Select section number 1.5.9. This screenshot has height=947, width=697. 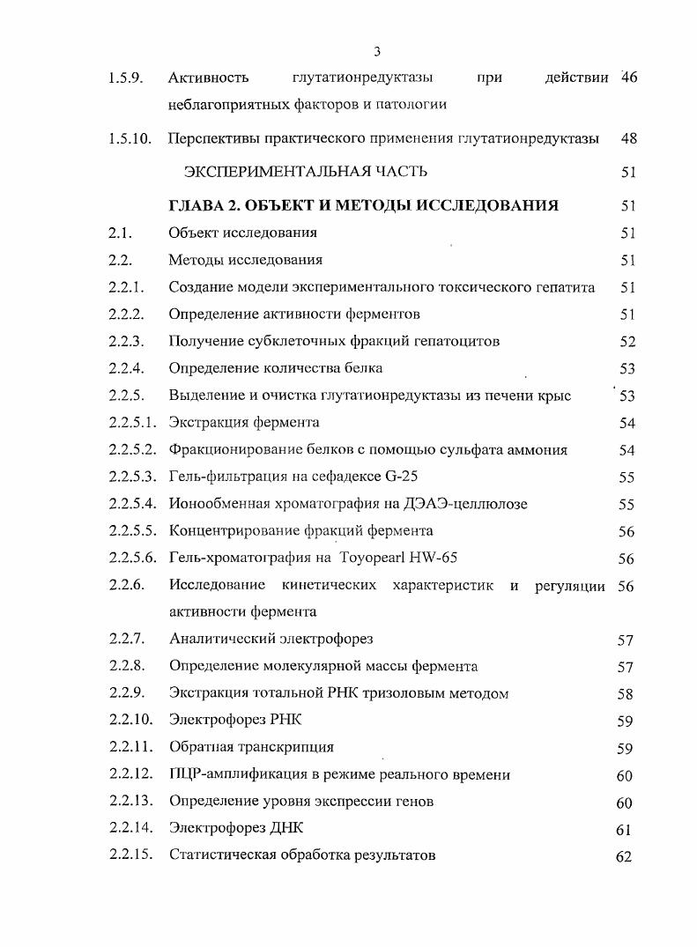coord(124,78)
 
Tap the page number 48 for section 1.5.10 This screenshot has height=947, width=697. coord(628,138)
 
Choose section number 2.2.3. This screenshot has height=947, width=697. coord(127,341)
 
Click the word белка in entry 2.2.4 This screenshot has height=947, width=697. coord(363,368)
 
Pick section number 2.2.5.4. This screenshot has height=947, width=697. coord(133,504)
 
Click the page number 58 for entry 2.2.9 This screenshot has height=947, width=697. coord(625,694)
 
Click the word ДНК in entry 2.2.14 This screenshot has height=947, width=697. coord(284,828)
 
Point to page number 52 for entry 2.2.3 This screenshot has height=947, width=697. coord(627,342)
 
